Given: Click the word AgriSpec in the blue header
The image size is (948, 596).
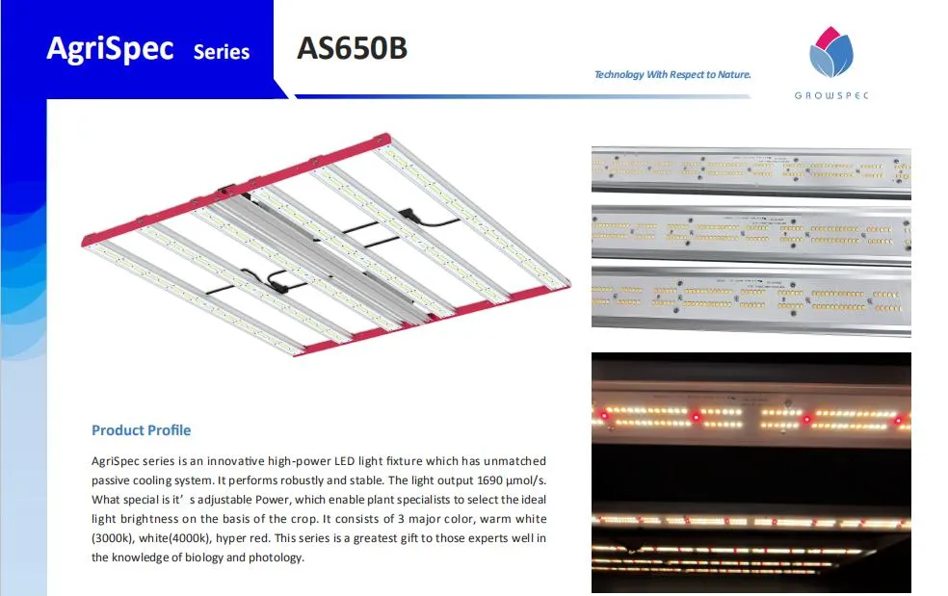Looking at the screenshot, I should pos(110,48).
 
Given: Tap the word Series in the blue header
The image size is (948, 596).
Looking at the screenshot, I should pos(222,52).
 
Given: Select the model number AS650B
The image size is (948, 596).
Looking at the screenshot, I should pos(352,48).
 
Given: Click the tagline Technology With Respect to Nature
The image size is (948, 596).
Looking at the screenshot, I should pos(672,74).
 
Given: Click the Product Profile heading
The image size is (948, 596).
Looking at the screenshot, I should pos(141,430).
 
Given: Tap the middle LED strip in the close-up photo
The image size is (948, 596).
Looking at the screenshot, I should pos(750,233).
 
